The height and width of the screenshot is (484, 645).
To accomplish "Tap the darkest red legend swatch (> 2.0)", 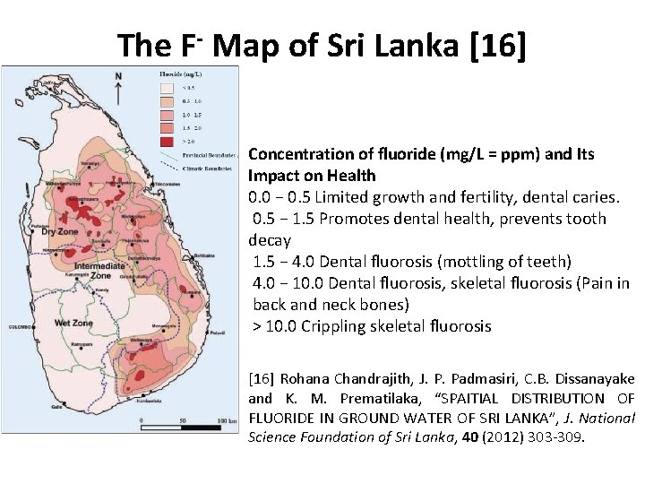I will tap(167, 141).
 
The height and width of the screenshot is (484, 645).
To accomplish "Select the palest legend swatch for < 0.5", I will tap(167, 88).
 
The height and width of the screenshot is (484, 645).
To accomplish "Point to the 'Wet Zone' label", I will tap(73, 322).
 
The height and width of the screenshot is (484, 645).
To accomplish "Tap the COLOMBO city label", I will tap(19, 327).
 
